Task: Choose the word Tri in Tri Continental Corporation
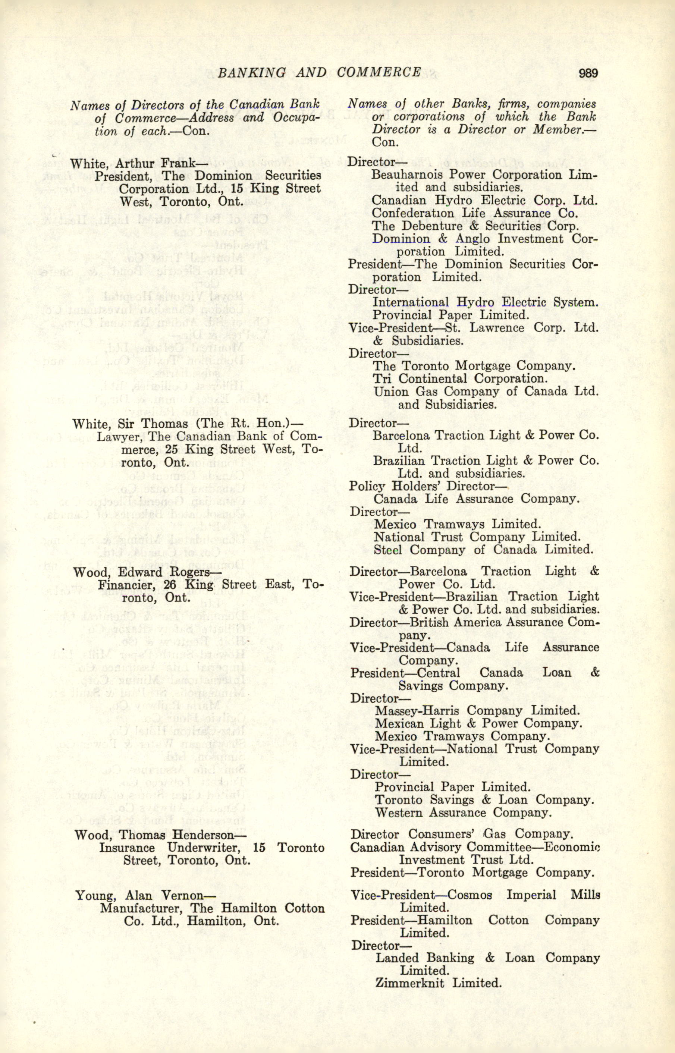point(382,378)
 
